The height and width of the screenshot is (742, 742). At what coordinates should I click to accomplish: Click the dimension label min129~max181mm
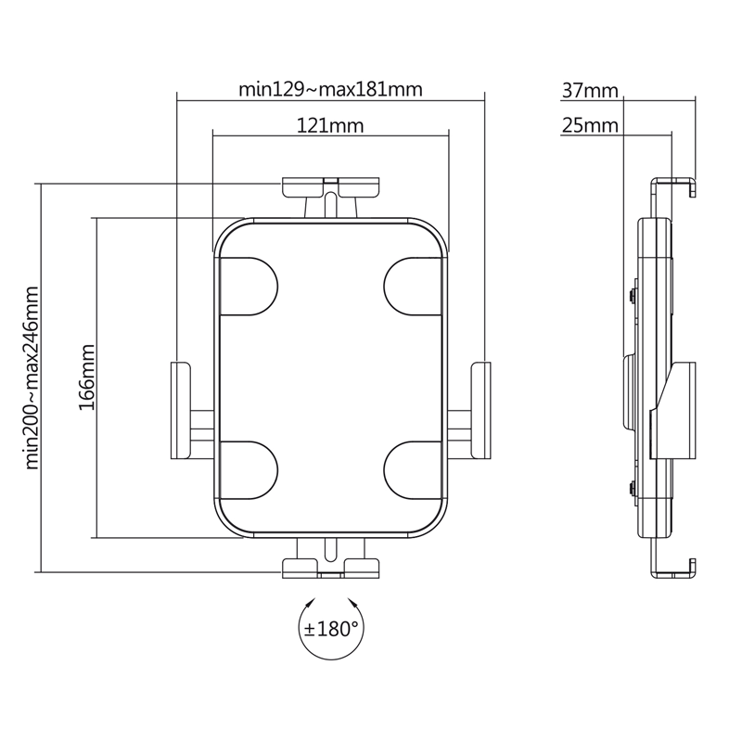pyautogui.click(x=330, y=89)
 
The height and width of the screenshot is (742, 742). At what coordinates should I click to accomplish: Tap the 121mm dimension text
pyautogui.click(x=330, y=124)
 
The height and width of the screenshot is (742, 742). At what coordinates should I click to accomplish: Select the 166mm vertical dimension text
pyautogui.click(x=86, y=377)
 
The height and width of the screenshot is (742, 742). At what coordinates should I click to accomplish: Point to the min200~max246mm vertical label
pyautogui.click(x=32, y=377)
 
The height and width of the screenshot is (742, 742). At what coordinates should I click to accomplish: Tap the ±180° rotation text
pyautogui.click(x=331, y=629)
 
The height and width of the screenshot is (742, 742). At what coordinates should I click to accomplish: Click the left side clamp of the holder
pyautogui.click(x=180, y=409)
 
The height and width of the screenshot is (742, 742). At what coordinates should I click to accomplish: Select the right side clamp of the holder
pyautogui.click(x=481, y=409)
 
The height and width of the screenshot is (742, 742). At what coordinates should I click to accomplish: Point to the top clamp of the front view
pyautogui.click(x=330, y=189)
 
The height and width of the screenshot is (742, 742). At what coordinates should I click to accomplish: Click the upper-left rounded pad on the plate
pyautogui.click(x=248, y=285)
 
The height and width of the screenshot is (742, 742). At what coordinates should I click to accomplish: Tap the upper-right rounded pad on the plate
pyautogui.click(x=414, y=285)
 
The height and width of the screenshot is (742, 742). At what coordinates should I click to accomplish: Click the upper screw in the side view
pyautogui.click(x=632, y=296)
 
